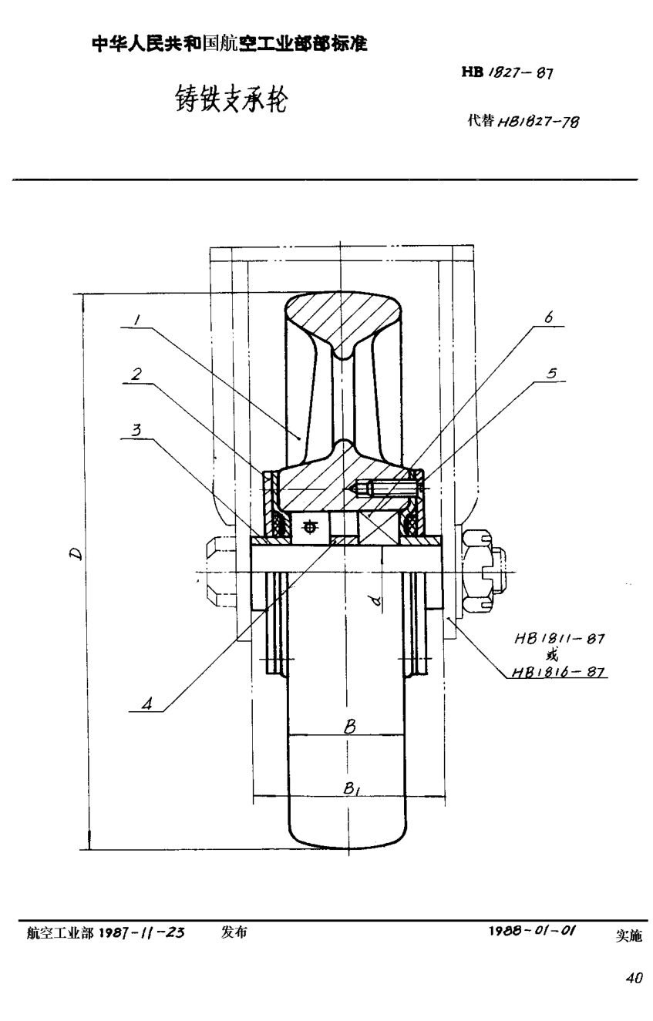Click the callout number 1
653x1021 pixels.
136,320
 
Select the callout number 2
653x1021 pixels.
136,374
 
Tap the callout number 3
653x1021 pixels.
136,430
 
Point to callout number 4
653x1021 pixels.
146,704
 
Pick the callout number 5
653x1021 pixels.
551,373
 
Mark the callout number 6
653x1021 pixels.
549,317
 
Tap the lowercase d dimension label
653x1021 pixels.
376,602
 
